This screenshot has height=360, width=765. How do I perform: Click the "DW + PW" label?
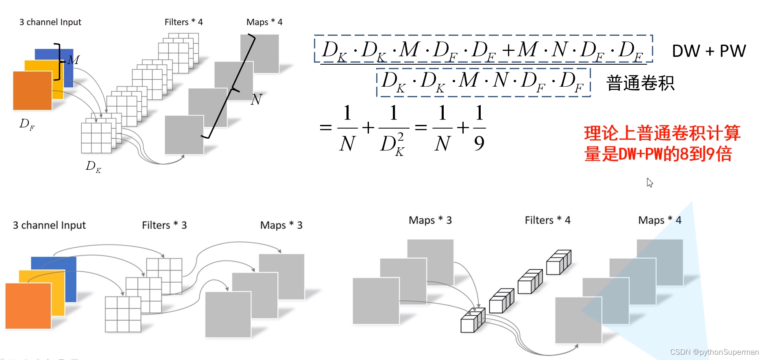coord(708,51)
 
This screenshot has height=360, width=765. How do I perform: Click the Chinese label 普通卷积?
coord(640,83)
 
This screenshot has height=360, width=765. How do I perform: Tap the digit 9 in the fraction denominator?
coord(479,143)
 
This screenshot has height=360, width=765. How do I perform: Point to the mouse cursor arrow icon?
coord(649,183)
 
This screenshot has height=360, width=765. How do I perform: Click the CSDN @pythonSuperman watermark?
coord(714,352)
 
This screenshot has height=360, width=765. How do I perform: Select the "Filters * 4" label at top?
coord(183,22)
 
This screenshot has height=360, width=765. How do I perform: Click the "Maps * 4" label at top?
coord(264,22)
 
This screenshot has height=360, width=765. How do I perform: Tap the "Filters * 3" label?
coord(164,225)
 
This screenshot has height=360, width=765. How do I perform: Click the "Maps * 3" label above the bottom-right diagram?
coord(430,220)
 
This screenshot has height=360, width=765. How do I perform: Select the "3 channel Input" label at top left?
coord(50,22)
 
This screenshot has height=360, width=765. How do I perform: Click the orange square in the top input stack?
coord(32,91)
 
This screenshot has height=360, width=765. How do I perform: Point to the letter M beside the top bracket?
coord(74,60)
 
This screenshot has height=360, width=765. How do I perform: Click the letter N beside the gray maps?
coord(256,99)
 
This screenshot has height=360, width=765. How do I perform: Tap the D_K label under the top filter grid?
coord(93,166)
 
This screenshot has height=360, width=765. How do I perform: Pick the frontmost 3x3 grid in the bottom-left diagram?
coord(123,314)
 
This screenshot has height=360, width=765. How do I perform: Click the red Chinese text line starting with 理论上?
coord(662,133)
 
